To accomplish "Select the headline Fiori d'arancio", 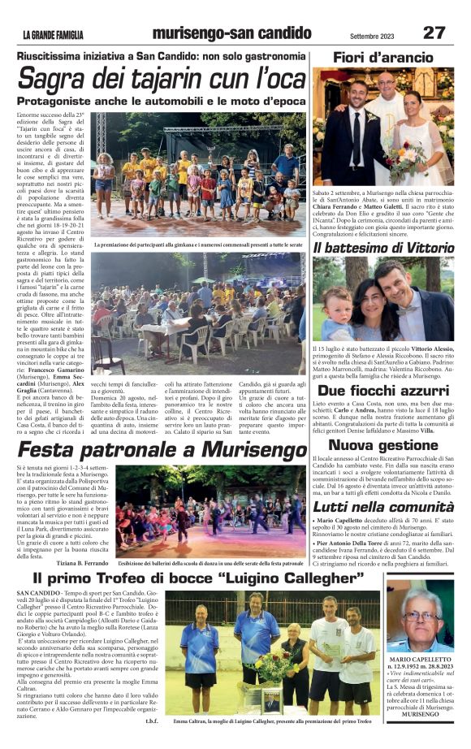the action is (383, 58).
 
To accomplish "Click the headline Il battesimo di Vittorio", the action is (383, 247).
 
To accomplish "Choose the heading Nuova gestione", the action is (383, 444).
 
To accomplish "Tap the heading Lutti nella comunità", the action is (383, 507).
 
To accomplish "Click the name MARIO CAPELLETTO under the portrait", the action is (420, 660).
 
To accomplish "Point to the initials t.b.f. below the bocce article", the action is (150, 720).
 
